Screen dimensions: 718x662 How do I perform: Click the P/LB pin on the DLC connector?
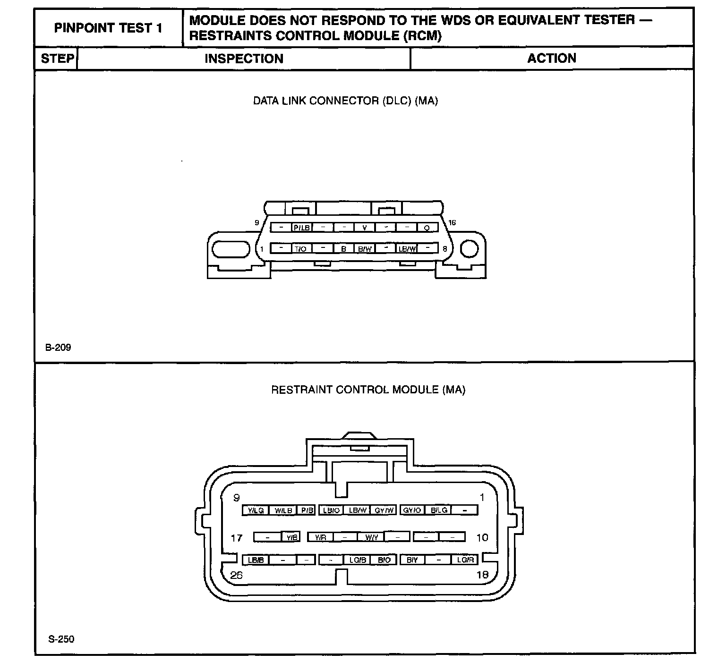[302, 228]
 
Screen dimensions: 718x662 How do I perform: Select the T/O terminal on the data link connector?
[301, 248]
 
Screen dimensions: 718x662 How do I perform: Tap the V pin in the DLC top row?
[365, 228]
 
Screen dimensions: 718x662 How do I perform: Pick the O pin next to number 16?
[427, 228]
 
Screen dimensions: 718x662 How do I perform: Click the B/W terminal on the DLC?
[365, 248]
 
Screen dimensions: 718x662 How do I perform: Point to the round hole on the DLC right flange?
[469, 249]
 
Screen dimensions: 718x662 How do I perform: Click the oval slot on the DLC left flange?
[230, 249]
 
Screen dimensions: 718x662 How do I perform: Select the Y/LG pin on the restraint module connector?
[256, 510]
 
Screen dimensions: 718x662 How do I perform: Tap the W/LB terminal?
[283, 510]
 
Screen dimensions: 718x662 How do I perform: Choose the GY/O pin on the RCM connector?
[412, 510]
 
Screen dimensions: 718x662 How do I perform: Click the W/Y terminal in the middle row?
[371, 537]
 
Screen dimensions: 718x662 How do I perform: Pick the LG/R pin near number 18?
[465, 560]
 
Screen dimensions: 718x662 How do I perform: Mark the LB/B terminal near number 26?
[256, 560]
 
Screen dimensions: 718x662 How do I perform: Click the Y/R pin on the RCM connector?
[320, 537]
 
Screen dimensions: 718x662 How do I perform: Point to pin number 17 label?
[237, 538]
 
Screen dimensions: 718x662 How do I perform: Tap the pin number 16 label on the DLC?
[452, 223]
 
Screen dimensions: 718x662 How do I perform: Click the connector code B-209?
[58, 348]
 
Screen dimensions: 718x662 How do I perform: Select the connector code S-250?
[61, 639]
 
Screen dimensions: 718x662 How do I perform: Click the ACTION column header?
[552, 58]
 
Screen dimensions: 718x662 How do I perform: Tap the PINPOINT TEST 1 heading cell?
[108, 28]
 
